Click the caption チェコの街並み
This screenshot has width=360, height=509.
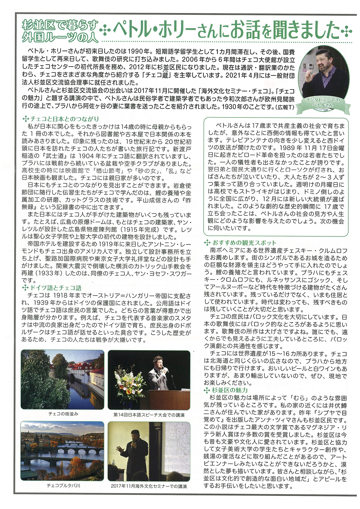[x=63, y=414]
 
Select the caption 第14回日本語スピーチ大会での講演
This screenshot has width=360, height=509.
[x=149, y=415]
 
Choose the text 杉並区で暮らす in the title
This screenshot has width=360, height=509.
[x=60, y=25]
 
